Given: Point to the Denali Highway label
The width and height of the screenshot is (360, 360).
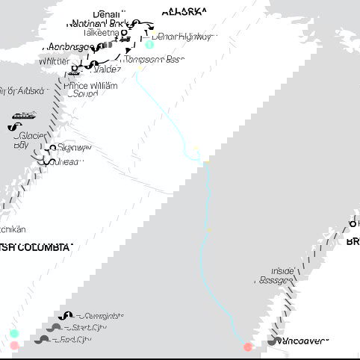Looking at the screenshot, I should pyautogui.click(x=181, y=37).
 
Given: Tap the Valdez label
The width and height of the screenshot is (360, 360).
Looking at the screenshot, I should pyautogui.click(x=106, y=69).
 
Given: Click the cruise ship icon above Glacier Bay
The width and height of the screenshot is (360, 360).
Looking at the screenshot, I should pyautogui.click(x=22, y=116).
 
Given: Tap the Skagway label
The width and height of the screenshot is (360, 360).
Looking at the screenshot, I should pyautogui.click(x=71, y=149).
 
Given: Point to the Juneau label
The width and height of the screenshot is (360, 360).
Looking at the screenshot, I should pyautogui.click(x=67, y=161).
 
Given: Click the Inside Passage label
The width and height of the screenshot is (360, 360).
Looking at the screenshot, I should pyautogui.click(x=283, y=276).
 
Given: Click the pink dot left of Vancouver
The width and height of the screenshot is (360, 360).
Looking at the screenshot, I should pyautogui.click(x=248, y=347).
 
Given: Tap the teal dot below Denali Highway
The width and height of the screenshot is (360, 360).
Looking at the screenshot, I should pyautogui.click(x=149, y=45).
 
